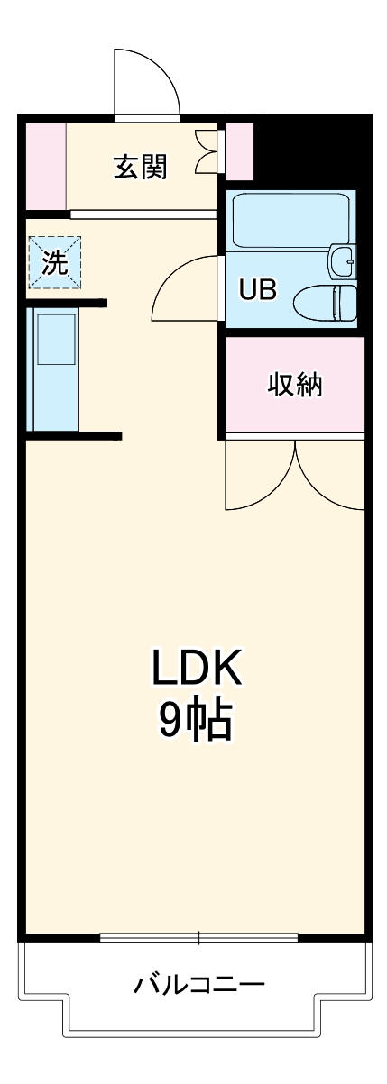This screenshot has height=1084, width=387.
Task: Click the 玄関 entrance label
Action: (x=140, y=167)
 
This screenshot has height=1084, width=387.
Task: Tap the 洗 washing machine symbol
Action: (x=54, y=262)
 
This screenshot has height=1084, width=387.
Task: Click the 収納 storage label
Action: (x=295, y=385)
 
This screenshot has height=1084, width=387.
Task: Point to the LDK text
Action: (x=196, y=670)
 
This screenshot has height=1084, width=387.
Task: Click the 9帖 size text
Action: (x=196, y=721)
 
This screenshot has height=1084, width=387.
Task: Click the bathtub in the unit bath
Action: (x=289, y=221)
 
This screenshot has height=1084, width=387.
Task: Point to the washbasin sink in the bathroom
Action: (x=343, y=261)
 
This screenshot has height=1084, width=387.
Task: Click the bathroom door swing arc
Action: (x=185, y=288)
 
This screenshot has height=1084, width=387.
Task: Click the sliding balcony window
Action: (x=198, y=938)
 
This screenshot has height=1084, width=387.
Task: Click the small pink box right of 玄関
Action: (x=239, y=150)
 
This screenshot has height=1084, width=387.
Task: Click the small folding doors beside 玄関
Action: (x=207, y=150)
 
